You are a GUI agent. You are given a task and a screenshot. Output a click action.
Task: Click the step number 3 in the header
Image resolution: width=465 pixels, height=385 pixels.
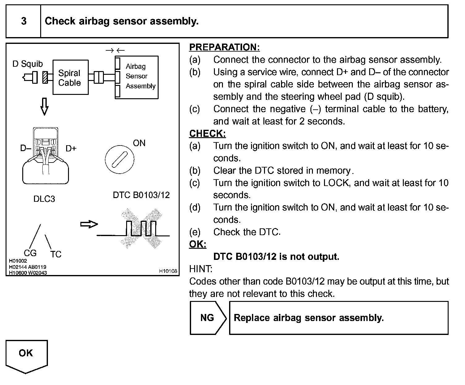[x=23, y=21]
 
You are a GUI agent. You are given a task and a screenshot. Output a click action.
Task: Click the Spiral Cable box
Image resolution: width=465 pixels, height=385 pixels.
[x=70, y=78]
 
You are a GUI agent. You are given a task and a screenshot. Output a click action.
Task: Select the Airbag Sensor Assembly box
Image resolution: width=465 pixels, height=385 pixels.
[x=137, y=77]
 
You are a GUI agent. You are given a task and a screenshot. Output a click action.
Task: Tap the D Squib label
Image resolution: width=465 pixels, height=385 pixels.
[x=28, y=64]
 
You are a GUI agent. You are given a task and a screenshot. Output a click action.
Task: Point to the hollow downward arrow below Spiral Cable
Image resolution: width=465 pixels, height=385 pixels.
[x=45, y=107]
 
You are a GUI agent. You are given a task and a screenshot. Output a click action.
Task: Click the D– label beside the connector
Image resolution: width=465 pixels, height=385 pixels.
[x=26, y=149]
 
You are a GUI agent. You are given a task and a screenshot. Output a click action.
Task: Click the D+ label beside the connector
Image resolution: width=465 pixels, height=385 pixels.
[x=71, y=149]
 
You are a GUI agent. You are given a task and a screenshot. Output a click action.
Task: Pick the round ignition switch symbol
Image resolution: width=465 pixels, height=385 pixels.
[x=119, y=159]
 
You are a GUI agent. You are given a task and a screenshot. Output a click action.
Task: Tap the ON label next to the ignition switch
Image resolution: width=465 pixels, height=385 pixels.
[x=139, y=143]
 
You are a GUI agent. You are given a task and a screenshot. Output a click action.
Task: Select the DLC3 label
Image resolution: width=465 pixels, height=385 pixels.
[x=44, y=199]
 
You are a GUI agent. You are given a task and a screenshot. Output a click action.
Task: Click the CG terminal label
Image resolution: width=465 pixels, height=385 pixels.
[x=30, y=253]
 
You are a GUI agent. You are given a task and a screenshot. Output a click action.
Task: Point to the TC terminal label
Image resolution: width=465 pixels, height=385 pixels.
[x=56, y=254]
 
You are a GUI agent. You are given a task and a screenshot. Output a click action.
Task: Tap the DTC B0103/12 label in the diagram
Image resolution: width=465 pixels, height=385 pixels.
[x=141, y=195]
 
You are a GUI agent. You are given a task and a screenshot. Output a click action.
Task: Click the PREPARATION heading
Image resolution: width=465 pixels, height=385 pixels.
[x=224, y=47]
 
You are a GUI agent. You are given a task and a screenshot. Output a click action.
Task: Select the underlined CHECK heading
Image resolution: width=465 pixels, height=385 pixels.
[x=207, y=134]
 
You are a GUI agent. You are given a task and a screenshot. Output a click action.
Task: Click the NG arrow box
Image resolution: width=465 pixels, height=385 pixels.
[x=208, y=318]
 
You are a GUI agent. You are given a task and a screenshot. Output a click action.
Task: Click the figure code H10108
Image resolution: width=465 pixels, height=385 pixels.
[x=168, y=271]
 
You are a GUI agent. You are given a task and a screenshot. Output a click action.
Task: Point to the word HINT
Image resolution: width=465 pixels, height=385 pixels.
[x=201, y=269]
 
